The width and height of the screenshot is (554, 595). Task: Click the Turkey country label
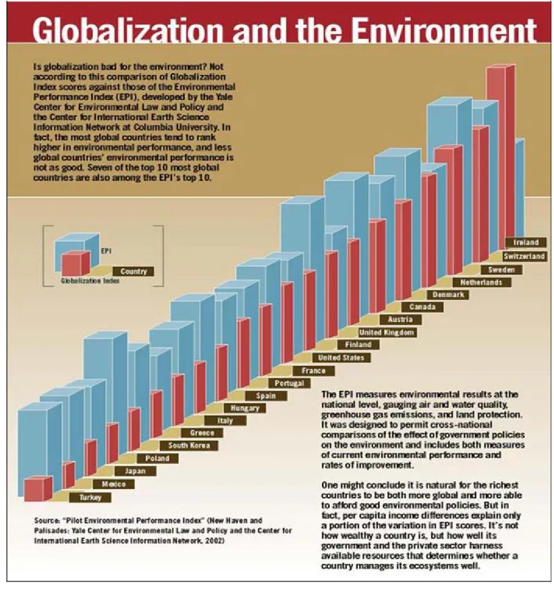click(90, 498)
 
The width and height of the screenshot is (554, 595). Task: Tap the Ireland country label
click(526, 242)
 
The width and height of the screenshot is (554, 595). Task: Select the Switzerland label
click(524, 256)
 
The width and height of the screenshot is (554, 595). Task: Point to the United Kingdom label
click(386, 333)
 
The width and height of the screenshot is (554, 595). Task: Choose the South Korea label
click(189, 446)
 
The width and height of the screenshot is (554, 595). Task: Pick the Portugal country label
click(289, 383)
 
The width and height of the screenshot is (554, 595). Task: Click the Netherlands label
click(481, 283)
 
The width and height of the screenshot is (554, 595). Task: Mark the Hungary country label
click(245, 408)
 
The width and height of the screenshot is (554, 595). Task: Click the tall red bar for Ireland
click(500, 152)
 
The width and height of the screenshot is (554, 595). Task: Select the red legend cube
click(76, 263)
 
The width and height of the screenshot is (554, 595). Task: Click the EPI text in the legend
click(106, 251)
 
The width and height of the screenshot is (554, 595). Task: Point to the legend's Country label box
click(133, 271)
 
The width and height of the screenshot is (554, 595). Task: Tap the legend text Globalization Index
click(90, 280)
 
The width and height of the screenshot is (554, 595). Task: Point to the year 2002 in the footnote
click(216, 540)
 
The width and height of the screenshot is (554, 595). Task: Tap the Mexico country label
click(114, 484)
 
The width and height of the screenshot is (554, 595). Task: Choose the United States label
click(341, 358)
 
